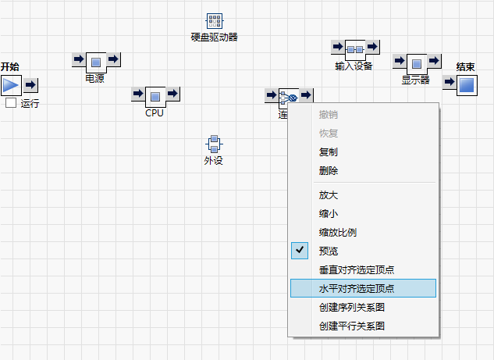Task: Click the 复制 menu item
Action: coord(329,151)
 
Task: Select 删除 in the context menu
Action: coord(329,170)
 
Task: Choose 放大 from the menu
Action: coord(329,195)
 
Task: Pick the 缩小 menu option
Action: coord(329,214)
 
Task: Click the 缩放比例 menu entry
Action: coord(338,233)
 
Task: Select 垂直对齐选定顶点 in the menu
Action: coord(357,270)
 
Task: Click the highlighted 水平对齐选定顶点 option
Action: coord(357,288)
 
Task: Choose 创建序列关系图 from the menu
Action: coord(352,308)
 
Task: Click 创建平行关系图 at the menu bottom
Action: coord(352,326)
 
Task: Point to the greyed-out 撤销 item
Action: coord(329,115)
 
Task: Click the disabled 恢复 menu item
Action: coord(329,133)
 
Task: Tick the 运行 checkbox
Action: coord(11,103)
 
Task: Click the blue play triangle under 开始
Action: coord(10,85)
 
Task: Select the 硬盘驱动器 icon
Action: coord(215,22)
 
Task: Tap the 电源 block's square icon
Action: coord(95,62)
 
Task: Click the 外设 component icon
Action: coord(214,144)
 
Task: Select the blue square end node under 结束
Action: coord(467,84)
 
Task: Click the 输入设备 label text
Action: coord(354,66)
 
